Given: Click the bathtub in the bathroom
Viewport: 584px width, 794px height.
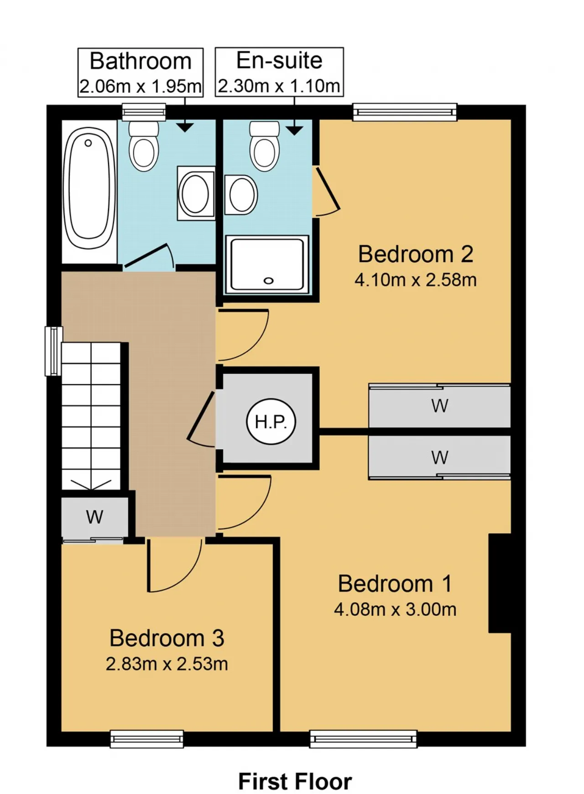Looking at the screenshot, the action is [x=89, y=188].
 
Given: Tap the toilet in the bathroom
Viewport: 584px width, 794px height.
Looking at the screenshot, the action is [x=144, y=146].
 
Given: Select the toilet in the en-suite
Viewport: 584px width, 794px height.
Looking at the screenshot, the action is [x=265, y=146].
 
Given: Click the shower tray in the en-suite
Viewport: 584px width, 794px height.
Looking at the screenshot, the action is [x=267, y=264].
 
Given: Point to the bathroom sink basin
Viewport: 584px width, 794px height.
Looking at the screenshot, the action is [x=196, y=193].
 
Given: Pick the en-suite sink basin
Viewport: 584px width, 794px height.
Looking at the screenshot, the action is [x=241, y=195].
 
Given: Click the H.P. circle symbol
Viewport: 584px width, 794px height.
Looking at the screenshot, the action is [x=271, y=422].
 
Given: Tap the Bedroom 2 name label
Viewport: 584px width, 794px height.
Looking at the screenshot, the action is [x=416, y=254].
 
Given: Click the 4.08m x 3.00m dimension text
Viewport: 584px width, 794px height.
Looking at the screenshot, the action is [x=395, y=609].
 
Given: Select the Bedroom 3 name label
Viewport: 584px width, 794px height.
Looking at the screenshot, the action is [x=167, y=638].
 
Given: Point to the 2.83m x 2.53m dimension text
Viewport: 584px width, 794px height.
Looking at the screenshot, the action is [x=167, y=664].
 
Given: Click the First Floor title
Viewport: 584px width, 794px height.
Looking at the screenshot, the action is [x=295, y=781].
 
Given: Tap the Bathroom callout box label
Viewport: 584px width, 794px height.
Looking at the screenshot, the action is [x=141, y=61].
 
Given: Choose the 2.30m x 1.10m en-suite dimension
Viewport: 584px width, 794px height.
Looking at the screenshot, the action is [x=279, y=86].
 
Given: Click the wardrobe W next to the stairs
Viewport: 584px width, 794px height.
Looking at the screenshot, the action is [x=95, y=517].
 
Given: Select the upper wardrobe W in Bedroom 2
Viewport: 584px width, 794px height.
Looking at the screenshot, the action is [x=439, y=406].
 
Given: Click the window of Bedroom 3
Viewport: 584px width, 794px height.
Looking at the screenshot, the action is [x=147, y=739].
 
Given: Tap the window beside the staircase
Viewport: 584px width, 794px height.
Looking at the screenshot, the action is [x=53, y=351].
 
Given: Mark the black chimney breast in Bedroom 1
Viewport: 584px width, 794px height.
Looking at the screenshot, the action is [x=500, y=583].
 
